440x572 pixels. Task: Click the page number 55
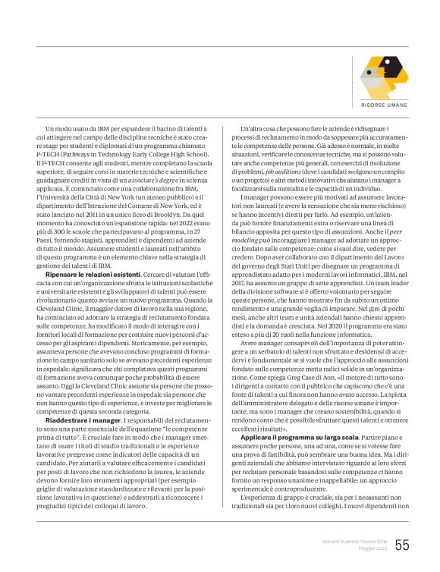click(x=402, y=545)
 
